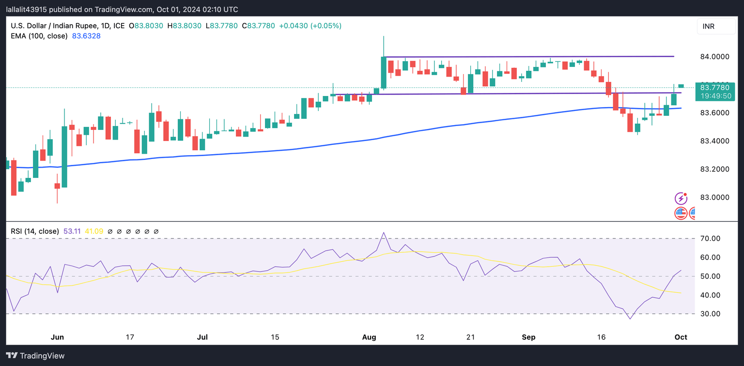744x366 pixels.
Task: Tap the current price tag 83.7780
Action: click(714, 87)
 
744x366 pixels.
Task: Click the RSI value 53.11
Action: click(72, 232)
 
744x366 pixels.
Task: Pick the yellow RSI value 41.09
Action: click(94, 232)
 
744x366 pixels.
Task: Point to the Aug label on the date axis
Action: click(370, 337)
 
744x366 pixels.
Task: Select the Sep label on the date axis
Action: click(528, 337)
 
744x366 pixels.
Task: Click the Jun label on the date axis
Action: click(57, 337)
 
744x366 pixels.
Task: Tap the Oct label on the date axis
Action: click(681, 337)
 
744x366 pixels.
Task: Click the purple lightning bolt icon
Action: click(681, 198)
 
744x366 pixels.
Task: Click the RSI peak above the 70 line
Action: click(384, 233)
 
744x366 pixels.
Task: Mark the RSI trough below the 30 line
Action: click(630, 318)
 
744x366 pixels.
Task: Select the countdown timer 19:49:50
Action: click(714, 96)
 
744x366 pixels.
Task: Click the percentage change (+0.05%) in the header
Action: click(326, 26)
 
